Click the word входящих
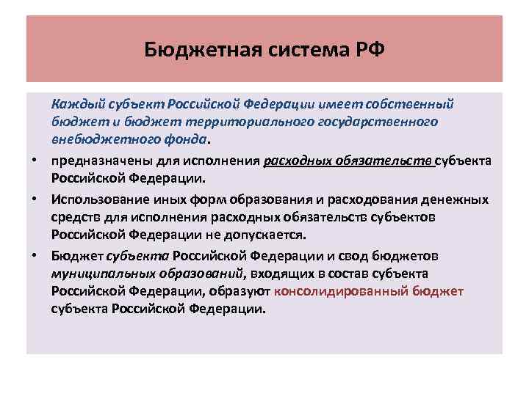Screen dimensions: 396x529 [x=277, y=273]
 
